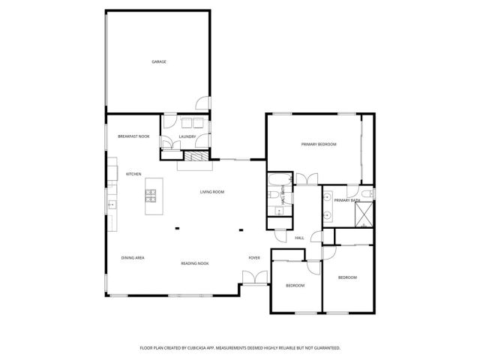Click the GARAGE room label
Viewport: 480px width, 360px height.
(x=159, y=61)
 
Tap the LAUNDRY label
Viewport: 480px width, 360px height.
(x=187, y=136)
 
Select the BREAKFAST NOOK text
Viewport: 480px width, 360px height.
(x=134, y=136)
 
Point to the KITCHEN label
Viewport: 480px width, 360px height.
(x=133, y=174)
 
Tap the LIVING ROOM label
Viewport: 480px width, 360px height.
(x=212, y=192)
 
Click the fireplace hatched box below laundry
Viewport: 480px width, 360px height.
(x=196, y=157)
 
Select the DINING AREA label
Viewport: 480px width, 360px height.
(x=133, y=258)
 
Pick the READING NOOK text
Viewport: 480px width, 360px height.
(x=194, y=263)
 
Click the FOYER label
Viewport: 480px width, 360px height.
(x=254, y=258)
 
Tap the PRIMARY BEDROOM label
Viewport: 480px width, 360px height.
(x=319, y=144)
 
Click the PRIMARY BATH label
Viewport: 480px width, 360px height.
(x=347, y=200)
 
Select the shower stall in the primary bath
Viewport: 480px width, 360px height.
(x=365, y=216)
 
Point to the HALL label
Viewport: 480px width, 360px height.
(x=299, y=238)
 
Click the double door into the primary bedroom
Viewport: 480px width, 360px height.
(x=306, y=180)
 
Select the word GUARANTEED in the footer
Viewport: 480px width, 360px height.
(x=324, y=348)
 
